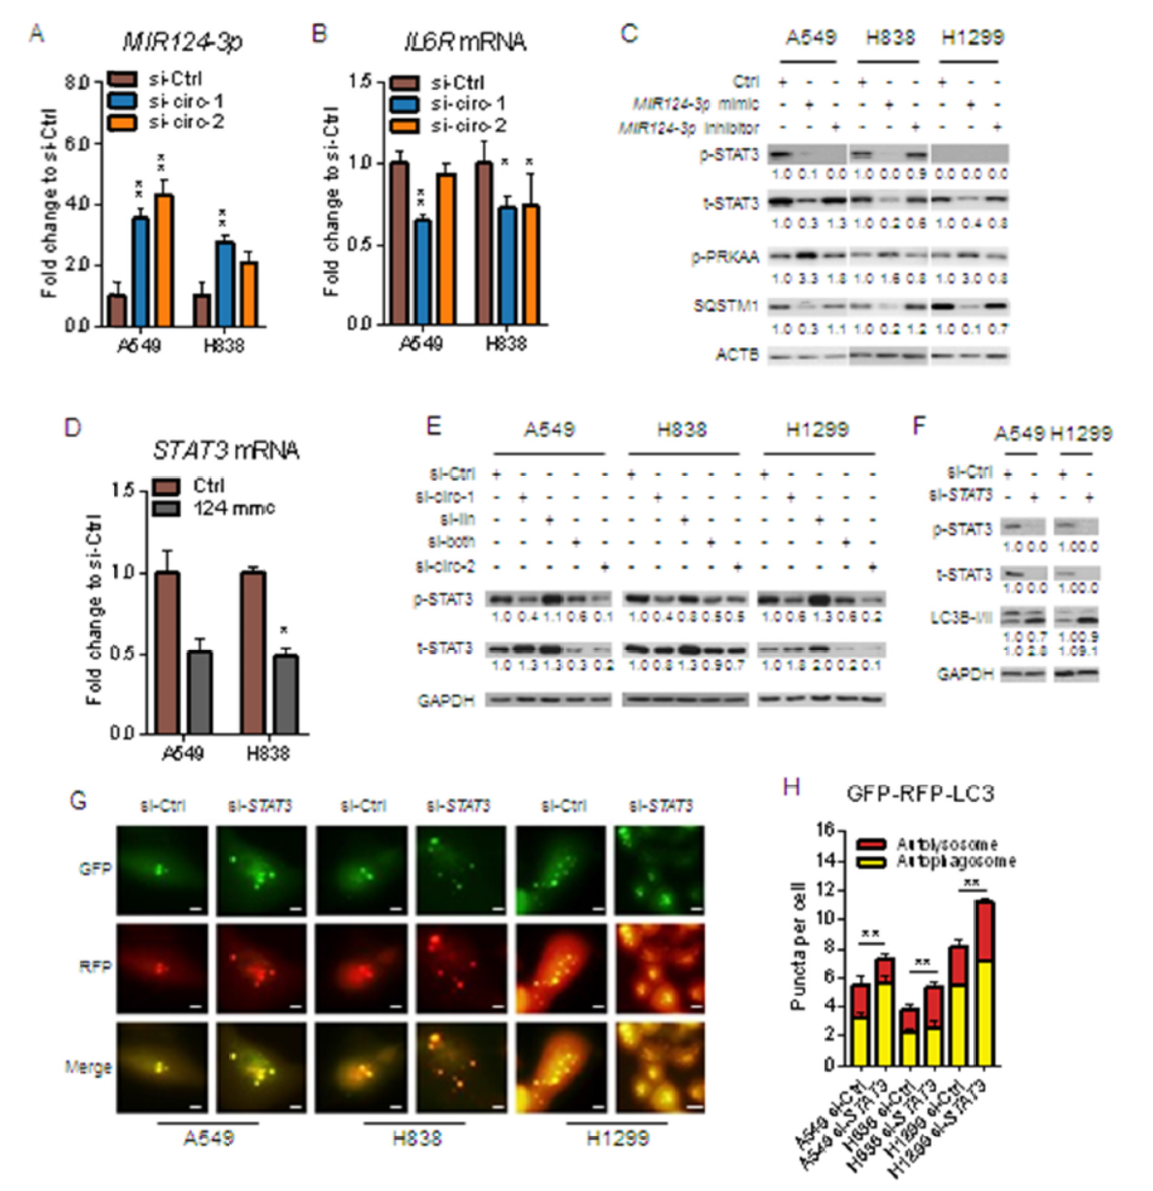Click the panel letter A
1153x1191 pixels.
37,34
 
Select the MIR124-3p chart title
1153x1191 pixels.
181,42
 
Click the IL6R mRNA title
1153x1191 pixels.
465,42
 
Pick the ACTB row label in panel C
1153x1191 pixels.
737,356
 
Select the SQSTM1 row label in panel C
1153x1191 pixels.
725,306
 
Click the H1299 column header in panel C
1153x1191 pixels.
972,38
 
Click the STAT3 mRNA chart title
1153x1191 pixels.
226,450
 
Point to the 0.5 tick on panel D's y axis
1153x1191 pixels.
122,653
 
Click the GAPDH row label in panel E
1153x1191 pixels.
445,700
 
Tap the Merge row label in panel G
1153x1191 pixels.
88,1067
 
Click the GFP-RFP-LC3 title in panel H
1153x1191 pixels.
920,794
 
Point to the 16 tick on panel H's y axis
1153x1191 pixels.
825,830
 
